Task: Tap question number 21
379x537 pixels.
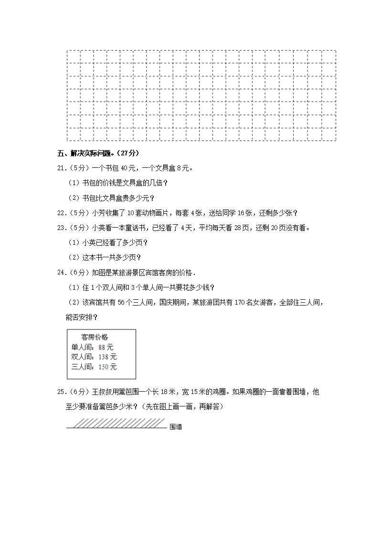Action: pyautogui.click(x=61, y=168)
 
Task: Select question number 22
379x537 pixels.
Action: pyautogui.click(x=61, y=213)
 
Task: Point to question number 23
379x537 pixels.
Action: pyautogui.click(x=61, y=228)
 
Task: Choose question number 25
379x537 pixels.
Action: pyautogui.click(x=61, y=392)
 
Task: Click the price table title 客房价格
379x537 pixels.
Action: pyautogui.click(x=95, y=337)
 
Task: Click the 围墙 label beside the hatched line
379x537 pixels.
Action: pyautogui.click(x=176, y=427)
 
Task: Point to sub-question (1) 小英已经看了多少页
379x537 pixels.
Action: pyautogui.click(x=109, y=243)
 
